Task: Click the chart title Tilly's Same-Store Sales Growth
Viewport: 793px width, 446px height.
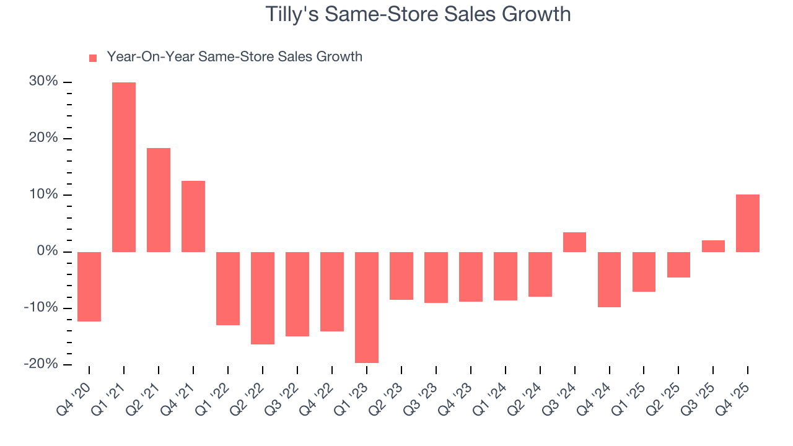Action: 418,14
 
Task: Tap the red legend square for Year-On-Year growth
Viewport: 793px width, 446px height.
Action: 93,58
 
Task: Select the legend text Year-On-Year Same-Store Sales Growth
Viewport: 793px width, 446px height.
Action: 234,57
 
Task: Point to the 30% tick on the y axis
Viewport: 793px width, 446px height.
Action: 43,82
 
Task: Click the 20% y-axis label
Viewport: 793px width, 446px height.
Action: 43,138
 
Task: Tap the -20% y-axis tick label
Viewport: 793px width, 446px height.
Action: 41,364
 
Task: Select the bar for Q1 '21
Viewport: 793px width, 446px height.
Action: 124,167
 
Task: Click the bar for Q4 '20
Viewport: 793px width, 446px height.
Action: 89,287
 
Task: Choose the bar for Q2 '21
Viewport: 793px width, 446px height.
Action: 159,200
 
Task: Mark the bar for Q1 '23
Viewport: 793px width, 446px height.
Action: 367,307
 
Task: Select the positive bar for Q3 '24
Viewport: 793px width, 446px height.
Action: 575,242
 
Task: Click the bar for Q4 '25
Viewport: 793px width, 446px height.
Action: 748,223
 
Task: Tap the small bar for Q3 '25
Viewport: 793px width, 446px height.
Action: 713,246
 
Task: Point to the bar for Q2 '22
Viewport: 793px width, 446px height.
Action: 263,298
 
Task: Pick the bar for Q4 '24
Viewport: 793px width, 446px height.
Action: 610,279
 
